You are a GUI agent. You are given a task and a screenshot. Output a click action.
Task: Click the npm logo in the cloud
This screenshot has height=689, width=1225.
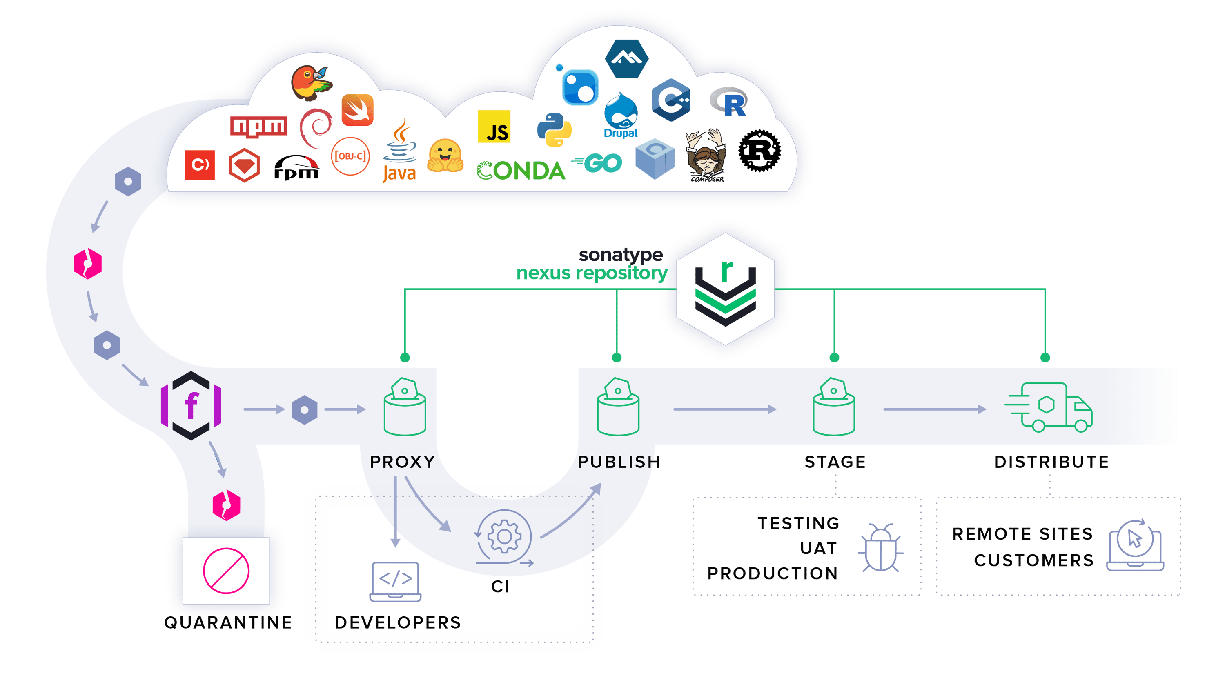pos(258,127)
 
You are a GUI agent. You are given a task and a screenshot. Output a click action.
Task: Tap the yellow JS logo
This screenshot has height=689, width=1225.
pos(494,127)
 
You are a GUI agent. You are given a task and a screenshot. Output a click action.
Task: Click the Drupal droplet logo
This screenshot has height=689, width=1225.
pos(621,116)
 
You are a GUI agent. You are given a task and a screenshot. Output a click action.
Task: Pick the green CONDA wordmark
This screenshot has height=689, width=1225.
pos(521,171)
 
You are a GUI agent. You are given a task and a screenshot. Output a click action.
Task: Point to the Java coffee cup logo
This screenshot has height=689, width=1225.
pos(400,151)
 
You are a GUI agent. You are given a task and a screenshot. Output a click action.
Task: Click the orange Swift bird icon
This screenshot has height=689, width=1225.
pos(358,110)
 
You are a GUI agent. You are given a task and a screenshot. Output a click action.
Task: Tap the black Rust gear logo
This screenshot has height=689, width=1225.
pos(759,151)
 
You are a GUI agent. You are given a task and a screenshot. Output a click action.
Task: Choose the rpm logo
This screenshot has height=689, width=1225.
pos(296,168)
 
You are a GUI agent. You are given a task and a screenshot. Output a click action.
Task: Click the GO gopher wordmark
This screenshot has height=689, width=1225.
pos(597,163)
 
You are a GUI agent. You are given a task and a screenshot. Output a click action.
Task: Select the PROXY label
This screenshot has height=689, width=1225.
pos(402,462)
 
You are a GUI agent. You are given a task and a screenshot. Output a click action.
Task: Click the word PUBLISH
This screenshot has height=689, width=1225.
pos(619,462)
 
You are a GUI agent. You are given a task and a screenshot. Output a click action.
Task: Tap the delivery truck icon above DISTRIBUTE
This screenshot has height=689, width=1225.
pos(1049,407)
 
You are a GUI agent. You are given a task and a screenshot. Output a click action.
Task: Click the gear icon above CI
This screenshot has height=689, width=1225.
pos(504,537)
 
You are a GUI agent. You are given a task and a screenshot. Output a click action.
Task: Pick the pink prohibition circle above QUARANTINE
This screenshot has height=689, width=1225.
pos(226,571)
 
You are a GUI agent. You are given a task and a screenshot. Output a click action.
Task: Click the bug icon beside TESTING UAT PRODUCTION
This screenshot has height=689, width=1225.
pos(880,548)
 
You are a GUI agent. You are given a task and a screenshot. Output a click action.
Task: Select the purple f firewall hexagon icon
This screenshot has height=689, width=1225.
pos(191,406)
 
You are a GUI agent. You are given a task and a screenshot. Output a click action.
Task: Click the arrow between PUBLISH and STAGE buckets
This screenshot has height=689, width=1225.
pos(724,409)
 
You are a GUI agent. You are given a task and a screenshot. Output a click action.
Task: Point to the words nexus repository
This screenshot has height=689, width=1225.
pos(592,273)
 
